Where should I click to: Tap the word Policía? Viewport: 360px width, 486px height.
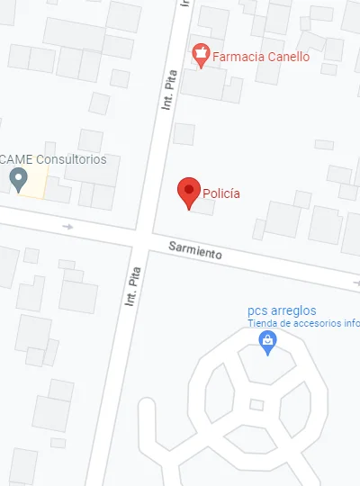tap(221, 193)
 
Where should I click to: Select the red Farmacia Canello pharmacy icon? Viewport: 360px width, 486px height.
tap(202, 56)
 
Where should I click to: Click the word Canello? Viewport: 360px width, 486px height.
tap(285, 57)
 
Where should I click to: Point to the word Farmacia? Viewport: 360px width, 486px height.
tap(236, 57)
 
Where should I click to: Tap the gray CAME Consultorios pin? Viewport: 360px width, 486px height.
tap(17, 179)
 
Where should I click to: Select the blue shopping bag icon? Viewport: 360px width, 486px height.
tap(266, 341)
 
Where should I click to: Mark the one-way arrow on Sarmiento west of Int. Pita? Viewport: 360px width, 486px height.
tap(67, 227)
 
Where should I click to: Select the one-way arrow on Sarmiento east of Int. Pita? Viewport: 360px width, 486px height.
tap(355, 283)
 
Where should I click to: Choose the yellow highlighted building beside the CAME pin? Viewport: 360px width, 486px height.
tap(36, 184)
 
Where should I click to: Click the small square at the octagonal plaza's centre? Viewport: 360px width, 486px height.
tap(256, 405)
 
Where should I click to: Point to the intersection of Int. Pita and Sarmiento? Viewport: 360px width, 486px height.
tap(144, 236)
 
